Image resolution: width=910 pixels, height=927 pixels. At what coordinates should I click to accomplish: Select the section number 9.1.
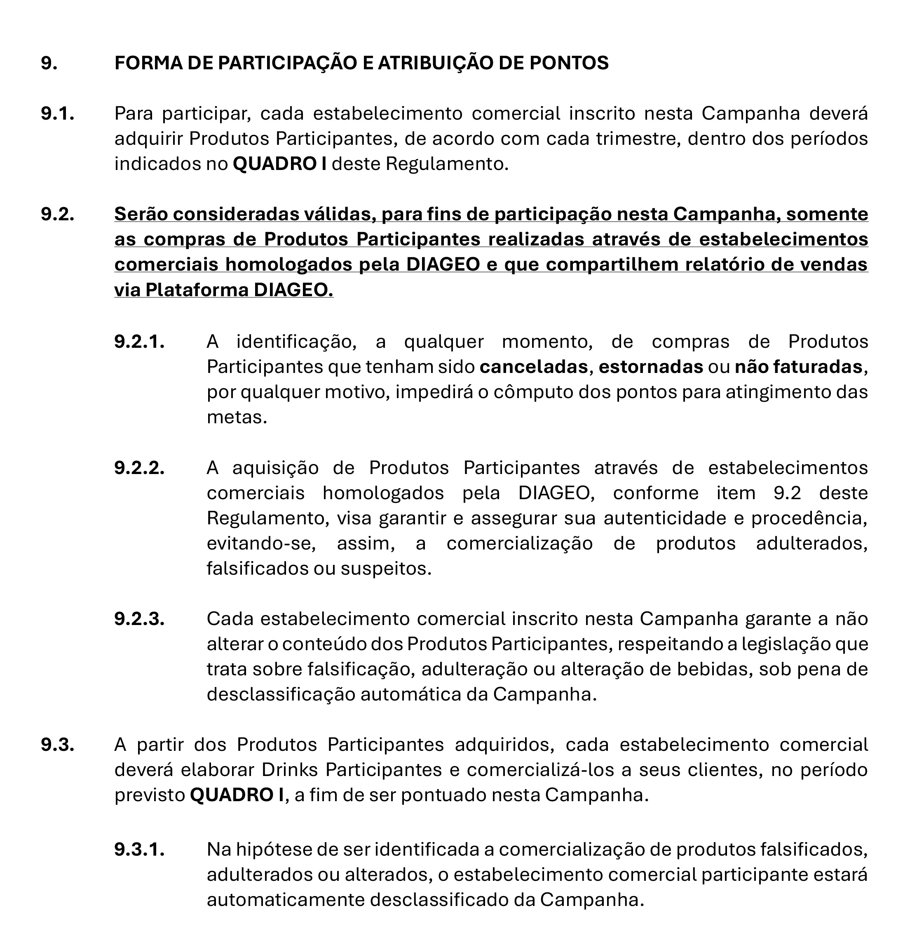click(57, 114)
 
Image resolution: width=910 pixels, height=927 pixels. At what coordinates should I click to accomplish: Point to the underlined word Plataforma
click(197, 290)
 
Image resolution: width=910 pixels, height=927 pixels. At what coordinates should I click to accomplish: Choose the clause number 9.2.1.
click(139, 342)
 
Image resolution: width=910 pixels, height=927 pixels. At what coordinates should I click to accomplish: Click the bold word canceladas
click(533, 367)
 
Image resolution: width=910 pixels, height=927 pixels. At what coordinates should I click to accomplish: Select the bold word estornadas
click(650, 367)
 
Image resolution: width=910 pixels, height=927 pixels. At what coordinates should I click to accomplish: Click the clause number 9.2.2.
click(139, 467)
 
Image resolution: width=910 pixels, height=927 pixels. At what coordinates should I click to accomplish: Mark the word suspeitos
click(392, 568)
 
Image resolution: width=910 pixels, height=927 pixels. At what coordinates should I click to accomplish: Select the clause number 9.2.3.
click(139, 618)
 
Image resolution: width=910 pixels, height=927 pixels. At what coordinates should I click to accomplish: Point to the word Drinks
click(290, 770)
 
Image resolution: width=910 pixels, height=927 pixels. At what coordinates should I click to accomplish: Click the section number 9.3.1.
click(139, 849)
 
